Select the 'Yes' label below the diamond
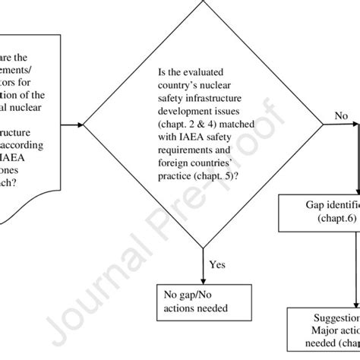tap(216, 266)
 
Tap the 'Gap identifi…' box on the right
tap(319, 212)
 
